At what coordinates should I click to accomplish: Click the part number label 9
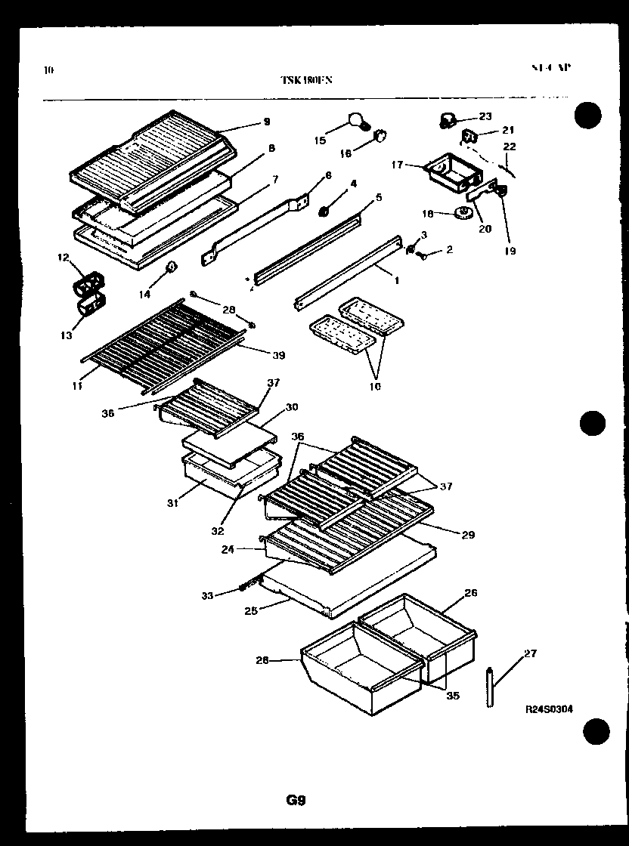click(266, 122)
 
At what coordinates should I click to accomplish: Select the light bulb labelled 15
click(356, 120)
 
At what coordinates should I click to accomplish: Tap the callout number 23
click(485, 116)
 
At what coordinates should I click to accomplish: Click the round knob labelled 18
click(460, 215)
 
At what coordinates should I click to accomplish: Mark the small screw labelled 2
click(423, 256)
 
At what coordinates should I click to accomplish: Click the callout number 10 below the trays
click(374, 387)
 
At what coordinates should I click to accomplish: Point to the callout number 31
click(173, 503)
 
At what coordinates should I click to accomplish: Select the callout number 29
click(468, 535)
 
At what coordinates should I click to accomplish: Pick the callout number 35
click(453, 696)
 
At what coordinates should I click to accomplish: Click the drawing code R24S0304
click(549, 709)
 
